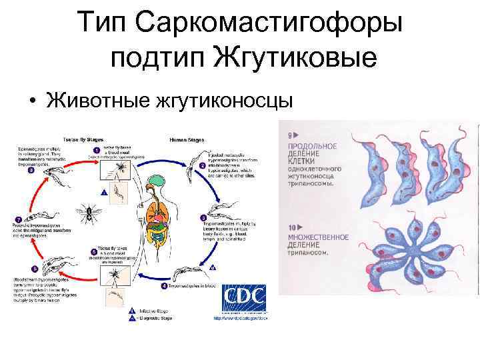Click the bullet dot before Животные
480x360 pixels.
[x=33, y=101]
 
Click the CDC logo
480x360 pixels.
[x=244, y=299]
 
